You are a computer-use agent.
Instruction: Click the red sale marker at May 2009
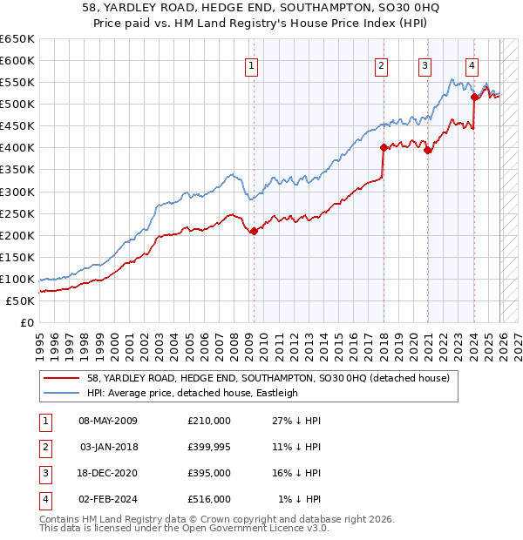click(254, 231)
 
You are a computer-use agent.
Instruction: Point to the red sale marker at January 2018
click(383, 147)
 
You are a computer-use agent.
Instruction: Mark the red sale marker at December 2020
click(427, 150)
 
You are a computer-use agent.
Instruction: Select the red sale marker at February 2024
click(474, 97)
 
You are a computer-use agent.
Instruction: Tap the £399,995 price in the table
click(208, 446)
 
